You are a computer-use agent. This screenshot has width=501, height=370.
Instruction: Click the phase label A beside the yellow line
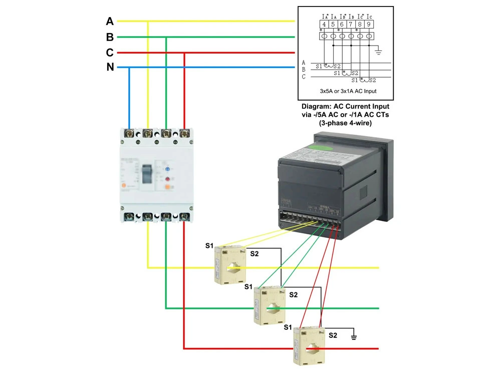pyautogui.click(x=110, y=22)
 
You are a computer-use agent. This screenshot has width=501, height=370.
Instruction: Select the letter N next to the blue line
pyautogui.click(x=110, y=67)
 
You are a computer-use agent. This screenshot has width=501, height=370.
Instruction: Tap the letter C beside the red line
pyautogui.click(x=110, y=53)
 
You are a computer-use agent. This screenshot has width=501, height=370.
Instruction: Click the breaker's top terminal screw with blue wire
pyautogui.click(x=130, y=134)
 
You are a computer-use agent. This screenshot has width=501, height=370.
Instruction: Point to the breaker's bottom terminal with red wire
pyautogui.click(x=184, y=217)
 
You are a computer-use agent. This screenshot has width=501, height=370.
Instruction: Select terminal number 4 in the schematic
pyautogui.click(x=324, y=24)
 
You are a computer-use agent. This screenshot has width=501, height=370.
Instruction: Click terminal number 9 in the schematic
pyautogui.click(x=369, y=24)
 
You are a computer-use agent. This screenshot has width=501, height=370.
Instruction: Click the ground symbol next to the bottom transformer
pyautogui.click(x=354, y=337)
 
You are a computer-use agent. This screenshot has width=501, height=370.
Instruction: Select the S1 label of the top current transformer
pyautogui.click(x=209, y=245)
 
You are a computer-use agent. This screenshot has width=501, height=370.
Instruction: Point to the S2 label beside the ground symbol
pyautogui.click(x=333, y=334)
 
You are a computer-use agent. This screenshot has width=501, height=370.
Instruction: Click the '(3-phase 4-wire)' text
pyautogui.click(x=345, y=123)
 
